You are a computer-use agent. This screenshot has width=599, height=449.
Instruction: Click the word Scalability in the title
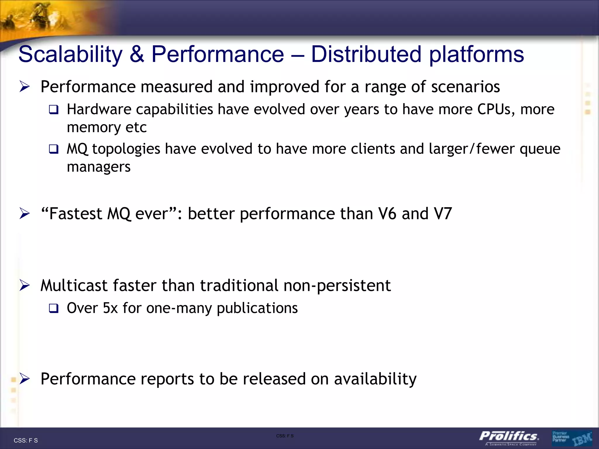(70, 55)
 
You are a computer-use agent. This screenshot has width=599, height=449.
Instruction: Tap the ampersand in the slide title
(137, 55)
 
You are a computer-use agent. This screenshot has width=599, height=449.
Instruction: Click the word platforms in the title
(476, 55)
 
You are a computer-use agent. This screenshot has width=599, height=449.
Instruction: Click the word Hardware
(99, 109)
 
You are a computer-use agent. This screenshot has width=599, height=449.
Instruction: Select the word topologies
(126, 149)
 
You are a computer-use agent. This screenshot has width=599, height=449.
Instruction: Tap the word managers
(99, 167)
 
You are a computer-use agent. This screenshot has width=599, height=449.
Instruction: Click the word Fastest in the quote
(75, 214)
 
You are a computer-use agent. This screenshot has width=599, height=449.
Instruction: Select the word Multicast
(74, 286)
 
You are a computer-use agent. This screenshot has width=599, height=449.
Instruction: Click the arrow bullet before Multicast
(25, 286)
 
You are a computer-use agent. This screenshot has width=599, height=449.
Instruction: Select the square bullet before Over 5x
(54, 308)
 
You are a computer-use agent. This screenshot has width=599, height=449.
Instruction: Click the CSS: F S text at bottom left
(26, 441)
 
